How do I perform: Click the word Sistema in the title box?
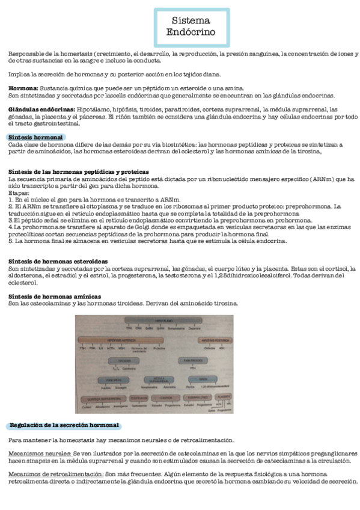pos(191,21)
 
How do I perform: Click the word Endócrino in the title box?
pos(191,32)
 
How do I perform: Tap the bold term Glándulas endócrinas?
pos(41,109)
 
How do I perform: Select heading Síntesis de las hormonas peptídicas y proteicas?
pos(79,172)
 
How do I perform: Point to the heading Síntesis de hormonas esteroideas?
pos(58,262)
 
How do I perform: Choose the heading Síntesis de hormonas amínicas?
pos(55,296)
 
